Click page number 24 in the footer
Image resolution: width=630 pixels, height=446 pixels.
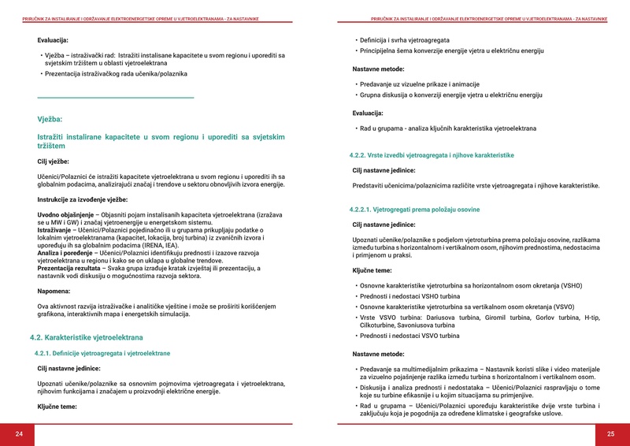(x=19, y=434)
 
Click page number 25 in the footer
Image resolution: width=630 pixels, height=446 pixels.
(x=610, y=434)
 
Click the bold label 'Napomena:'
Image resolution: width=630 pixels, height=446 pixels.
(x=55, y=291)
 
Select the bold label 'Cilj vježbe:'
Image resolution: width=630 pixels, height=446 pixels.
(x=58, y=162)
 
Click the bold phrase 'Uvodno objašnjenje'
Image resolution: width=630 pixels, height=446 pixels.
(x=66, y=215)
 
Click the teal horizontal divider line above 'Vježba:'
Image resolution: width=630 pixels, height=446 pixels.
(x=116, y=98)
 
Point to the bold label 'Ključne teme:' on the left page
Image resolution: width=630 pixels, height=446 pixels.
(x=57, y=407)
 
